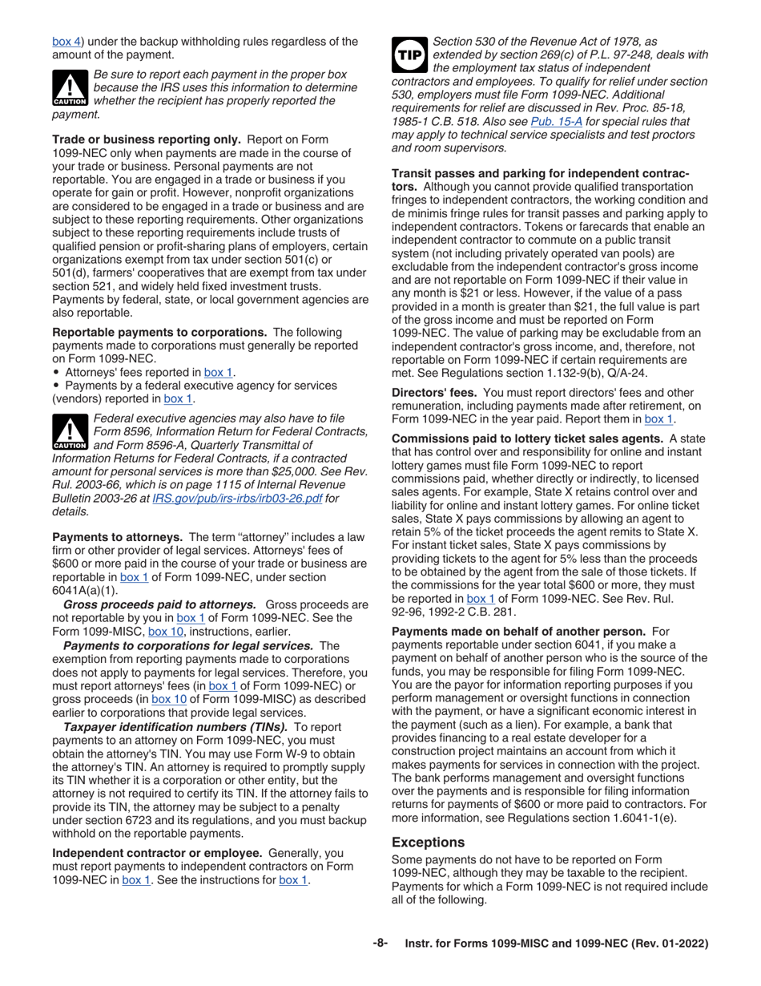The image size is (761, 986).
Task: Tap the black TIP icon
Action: click(409, 54)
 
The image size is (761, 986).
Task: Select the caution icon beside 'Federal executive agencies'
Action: click(70, 431)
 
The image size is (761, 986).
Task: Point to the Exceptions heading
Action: click(428, 843)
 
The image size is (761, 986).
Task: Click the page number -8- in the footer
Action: click(380, 944)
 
